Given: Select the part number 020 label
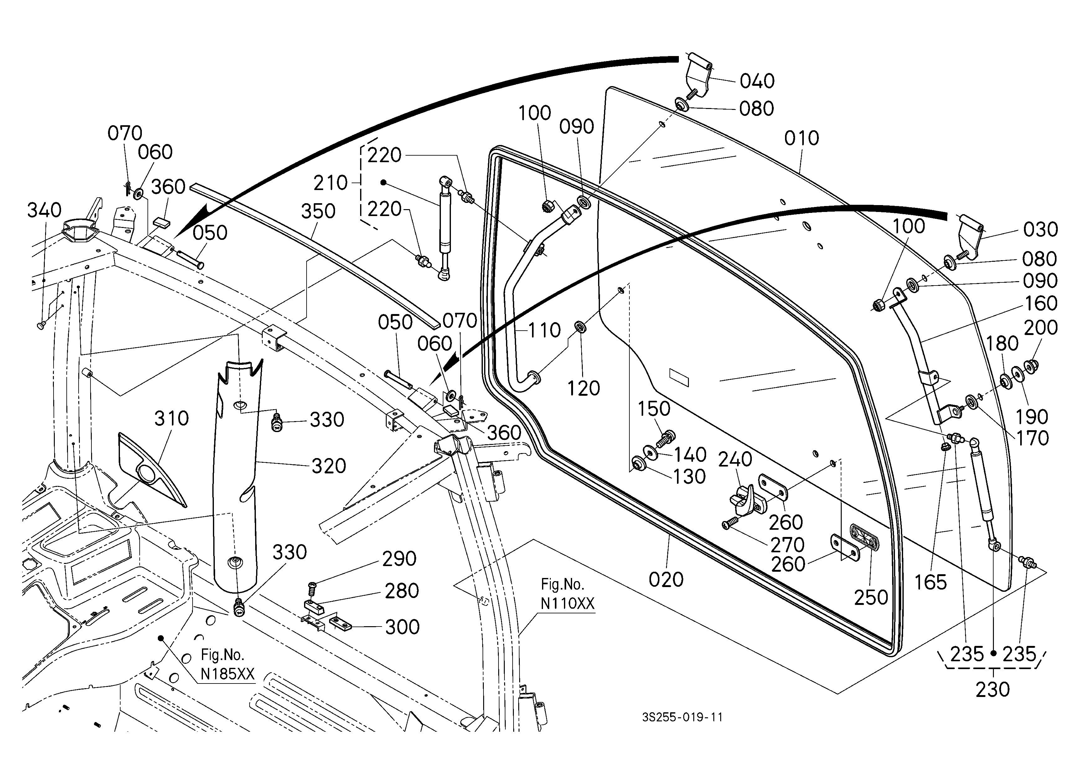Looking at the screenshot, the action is click(x=666, y=580).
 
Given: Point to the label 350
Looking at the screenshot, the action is click(x=318, y=211).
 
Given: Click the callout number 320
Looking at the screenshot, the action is click(x=328, y=466).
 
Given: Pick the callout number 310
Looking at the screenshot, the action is click(x=171, y=418).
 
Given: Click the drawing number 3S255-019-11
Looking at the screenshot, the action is click(x=682, y=717).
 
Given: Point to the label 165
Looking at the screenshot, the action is click(x=931, y=582).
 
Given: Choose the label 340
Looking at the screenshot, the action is click(x=44, y=210).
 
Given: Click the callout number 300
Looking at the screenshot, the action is click(x=402, y=627).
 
